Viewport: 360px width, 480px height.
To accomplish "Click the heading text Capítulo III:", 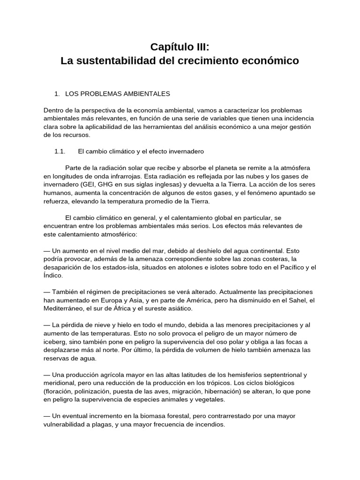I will (x=180, y=47).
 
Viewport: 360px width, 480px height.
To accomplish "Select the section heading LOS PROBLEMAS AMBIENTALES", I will (x=117, y=94).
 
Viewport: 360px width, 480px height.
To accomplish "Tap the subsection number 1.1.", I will (x=60, y=151).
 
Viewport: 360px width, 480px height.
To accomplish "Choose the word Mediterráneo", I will (x=67, y=309).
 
